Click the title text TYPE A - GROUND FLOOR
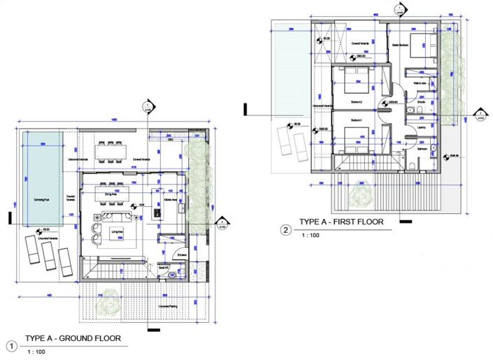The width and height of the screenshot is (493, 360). click(x=73, y=339)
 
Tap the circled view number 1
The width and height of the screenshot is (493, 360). click(x=11, y=345)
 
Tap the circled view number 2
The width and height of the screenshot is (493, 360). click(x=285, y=229)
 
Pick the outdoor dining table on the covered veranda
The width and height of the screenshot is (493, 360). click(x=113, y=150)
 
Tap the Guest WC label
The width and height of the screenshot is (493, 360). click(x=166, y=267)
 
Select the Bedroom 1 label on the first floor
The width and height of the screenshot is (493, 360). click(x=357, y=120)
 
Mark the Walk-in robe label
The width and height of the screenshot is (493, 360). click(x=421, y=83)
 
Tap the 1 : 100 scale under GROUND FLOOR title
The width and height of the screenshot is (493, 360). click(x=36, y=351)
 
